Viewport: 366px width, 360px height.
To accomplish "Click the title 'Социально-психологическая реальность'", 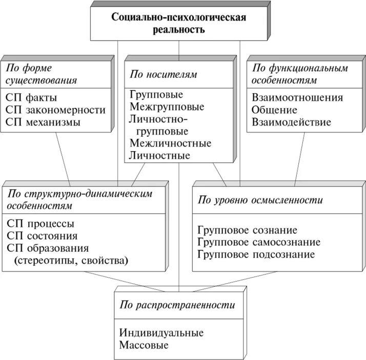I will tap(179, 23).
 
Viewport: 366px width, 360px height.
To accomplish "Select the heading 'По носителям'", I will tap(163, 74).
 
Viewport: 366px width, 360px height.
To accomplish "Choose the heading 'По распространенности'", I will tap(177, 305).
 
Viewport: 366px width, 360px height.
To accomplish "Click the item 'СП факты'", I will tap(32, 97).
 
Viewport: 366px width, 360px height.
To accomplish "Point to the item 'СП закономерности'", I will tap(56, 110).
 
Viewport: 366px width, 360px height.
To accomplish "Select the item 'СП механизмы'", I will tap(44, 122).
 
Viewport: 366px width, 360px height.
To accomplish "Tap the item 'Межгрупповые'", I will tap(167, 107).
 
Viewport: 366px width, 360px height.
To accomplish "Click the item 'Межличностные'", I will tap(170, 143).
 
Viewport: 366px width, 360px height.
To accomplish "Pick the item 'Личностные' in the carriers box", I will tap(160, 156).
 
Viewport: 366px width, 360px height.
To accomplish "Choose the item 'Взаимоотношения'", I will tap(297, 97).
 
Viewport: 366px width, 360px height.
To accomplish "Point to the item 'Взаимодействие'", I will tap(291, 122).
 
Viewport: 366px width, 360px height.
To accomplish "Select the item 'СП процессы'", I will tap(41, 224).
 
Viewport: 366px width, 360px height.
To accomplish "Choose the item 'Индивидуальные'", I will tap(161, 333).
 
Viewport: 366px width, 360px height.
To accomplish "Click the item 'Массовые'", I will tap(144, 345).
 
